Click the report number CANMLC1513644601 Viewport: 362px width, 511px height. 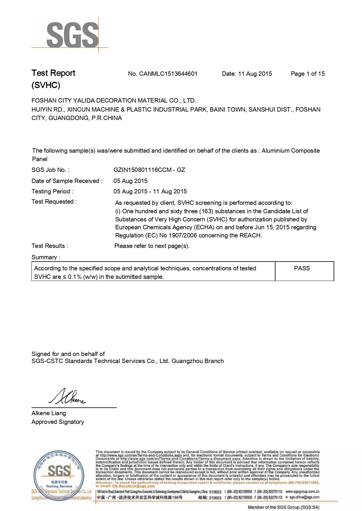pos(168,74)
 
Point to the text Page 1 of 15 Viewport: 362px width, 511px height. pos(307,74)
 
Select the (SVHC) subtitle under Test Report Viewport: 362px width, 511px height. pos(46,85)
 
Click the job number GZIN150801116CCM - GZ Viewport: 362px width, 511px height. pos(149,170)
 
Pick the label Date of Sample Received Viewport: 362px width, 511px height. pos(67,181)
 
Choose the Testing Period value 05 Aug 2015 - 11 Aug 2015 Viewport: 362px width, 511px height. pos(150,191)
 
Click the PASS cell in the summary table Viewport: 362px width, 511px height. pos(302,268)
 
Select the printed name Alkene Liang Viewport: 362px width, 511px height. pos(49,413)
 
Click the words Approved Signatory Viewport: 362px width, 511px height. pos(58,422)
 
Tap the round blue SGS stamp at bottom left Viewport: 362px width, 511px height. pos(59,472)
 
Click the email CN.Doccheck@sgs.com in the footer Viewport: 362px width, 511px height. pos(133,486)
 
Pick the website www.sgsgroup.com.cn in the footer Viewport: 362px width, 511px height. pos(302,491)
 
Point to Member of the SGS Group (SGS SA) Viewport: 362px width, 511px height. pos(284,507)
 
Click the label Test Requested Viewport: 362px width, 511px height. pos(54,202)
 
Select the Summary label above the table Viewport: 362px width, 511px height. pos(46,257)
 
